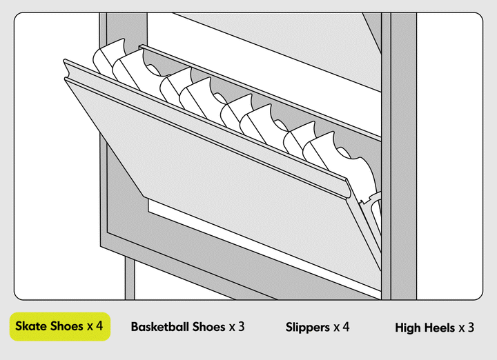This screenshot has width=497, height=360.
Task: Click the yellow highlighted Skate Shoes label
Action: point(59,326)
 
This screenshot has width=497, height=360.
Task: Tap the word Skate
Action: point(32,326)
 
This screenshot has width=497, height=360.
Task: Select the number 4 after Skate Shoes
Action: point(100,326)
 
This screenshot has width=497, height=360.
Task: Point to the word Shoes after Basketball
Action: point(208,327)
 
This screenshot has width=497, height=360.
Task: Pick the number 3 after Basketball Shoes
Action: point(241,327)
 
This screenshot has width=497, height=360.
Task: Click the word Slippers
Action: point(306,327)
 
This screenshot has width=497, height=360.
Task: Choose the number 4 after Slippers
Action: point(346,327)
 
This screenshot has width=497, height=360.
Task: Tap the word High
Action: point(408,328)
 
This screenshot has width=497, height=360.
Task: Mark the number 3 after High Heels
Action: point(471,328)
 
